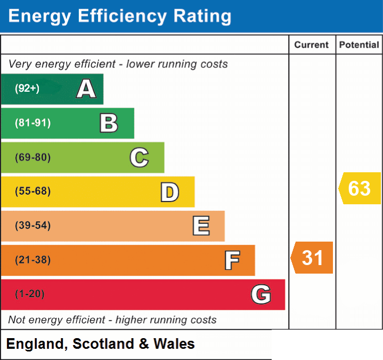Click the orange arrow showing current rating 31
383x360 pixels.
coord(312,258)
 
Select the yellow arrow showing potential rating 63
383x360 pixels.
coord(360,188)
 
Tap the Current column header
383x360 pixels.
coord(312,45)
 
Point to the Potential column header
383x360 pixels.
coord(359,45)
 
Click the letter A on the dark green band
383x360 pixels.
coord(86,89)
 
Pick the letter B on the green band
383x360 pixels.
coord(109,123)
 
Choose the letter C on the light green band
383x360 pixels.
coord(139,157)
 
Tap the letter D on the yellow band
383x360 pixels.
coord(170,192)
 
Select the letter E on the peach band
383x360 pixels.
coord(201,226)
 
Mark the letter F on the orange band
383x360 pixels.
coord(232,260)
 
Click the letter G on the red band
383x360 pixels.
coord(261,294)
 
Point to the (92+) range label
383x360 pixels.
coord(27,88)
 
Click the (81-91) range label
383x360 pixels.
coord(33,123)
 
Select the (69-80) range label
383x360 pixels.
coord(33,157)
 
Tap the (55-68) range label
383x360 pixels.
coord(33,191)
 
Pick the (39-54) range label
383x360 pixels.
coord(33,225)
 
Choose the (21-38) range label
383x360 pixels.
coord(33,260)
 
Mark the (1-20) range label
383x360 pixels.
coord(30,294)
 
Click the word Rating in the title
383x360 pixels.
coord(202,17)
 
